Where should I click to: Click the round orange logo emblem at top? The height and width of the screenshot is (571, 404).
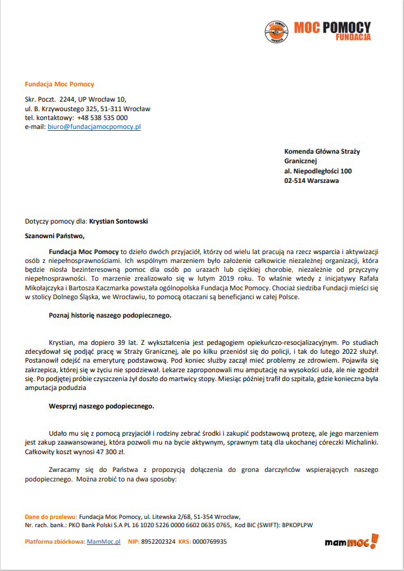click(276, 31)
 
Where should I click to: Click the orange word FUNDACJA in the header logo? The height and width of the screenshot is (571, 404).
click(353, 38)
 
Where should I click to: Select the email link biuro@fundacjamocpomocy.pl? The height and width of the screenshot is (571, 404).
click(94, 126)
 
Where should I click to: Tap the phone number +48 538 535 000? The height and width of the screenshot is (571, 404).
click(102, 118)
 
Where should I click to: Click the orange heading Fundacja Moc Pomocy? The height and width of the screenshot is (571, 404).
click(59, 84)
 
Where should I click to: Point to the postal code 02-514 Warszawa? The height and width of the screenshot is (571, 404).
click(311, 180)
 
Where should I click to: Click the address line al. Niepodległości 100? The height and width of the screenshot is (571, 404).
click(318, 171)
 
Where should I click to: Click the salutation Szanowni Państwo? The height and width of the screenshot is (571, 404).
click(55, 236)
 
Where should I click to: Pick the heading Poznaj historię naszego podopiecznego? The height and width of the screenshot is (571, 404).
click(110, 314)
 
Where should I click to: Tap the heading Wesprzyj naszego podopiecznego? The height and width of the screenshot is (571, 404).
click(101, 405)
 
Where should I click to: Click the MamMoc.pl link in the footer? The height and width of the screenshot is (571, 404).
click(103, 542)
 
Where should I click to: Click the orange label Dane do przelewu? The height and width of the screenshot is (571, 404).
click(51, 517)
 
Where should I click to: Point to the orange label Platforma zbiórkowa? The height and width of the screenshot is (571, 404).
click(55, 542)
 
